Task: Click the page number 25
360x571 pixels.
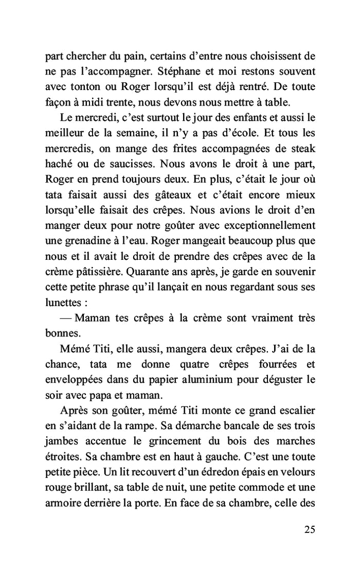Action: [x=309, y=529]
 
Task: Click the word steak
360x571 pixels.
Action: [x=302, y=149]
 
